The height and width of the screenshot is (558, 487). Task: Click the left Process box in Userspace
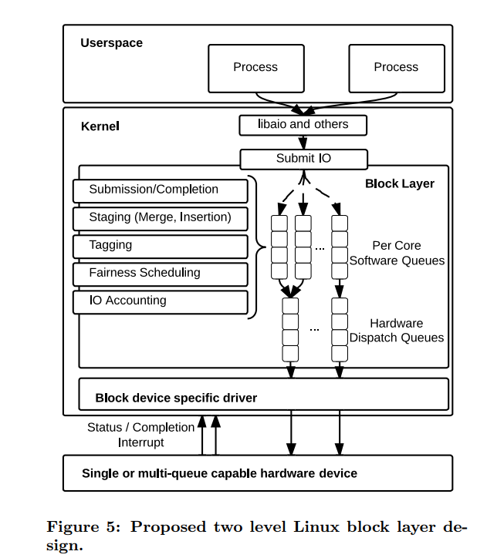click(255, 68)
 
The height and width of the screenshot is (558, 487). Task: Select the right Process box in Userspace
click(396, 68)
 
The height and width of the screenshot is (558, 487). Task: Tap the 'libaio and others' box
click(303, 124)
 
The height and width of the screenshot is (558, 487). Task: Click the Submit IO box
click(303, 159)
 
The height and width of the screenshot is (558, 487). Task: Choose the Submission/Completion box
click(160, 190)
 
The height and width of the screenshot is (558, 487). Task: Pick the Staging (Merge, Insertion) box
click(161, 217)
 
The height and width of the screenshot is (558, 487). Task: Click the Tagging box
click(160, 245)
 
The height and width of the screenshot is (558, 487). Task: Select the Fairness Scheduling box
click(160, 273)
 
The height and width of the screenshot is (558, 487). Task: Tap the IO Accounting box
click(160, 301)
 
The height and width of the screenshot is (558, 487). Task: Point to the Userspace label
click(111, 43)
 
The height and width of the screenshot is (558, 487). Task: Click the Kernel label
click(100, 126)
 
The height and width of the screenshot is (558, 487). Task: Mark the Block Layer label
click(399, 184)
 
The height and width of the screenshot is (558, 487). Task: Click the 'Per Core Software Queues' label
click(397, 253)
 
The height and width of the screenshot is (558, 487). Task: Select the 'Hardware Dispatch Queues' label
click(397, 331)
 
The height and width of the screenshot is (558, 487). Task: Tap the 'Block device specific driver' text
click(176, 398)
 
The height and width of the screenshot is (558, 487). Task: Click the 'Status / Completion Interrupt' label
click(140, 435)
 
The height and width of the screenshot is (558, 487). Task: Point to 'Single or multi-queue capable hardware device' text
click(219, 473)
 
